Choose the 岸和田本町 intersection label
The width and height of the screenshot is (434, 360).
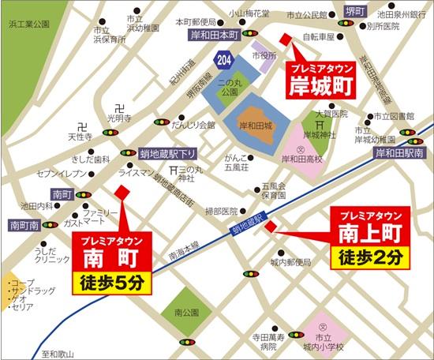(x=214, y=35)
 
